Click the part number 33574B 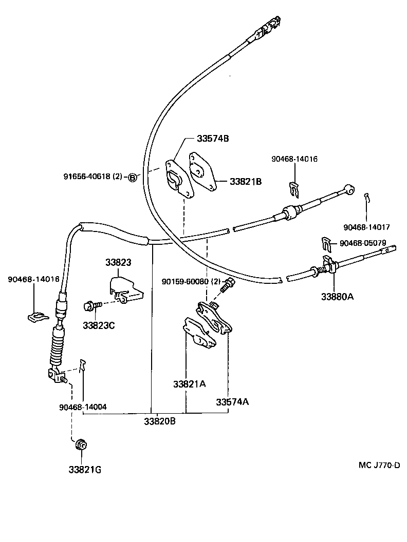(212, 139)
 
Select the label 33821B (245, 181)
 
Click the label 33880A (338, 296)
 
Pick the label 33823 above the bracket (118, 262)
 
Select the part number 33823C (99, 324)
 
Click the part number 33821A (189, 384)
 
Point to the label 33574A (232, 401)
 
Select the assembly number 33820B (160, 421)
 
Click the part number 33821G (84, 469)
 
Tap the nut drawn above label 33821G (80, 444)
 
